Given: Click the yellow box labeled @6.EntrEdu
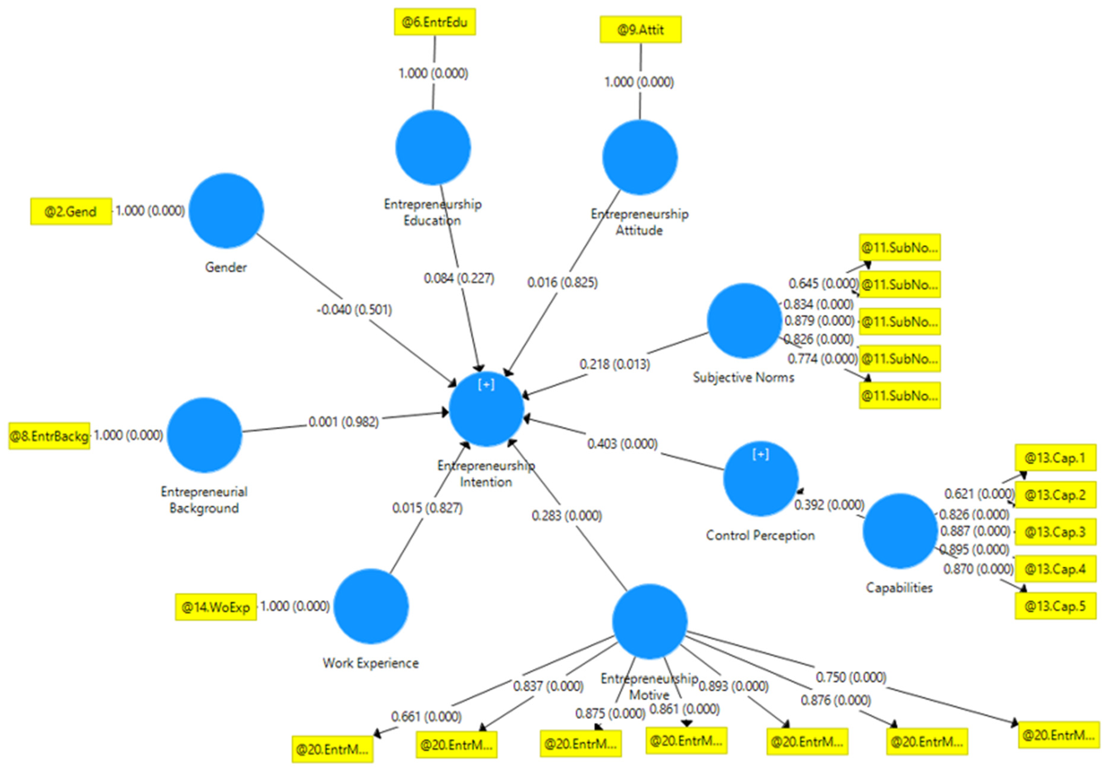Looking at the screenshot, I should [435, 22].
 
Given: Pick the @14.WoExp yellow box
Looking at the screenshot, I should [215, 607].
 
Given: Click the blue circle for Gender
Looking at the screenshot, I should [226, 210].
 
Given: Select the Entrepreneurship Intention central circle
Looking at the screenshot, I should [486, 409].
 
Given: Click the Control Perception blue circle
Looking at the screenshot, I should [761, 479].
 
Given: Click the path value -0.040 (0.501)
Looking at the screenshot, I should [354, 309].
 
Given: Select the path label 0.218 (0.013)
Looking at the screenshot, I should [614, 364].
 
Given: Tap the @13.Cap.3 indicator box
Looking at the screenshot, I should [1055, 532].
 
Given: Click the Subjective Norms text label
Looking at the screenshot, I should [743, 377].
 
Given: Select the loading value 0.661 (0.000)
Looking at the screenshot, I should [426, 716].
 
